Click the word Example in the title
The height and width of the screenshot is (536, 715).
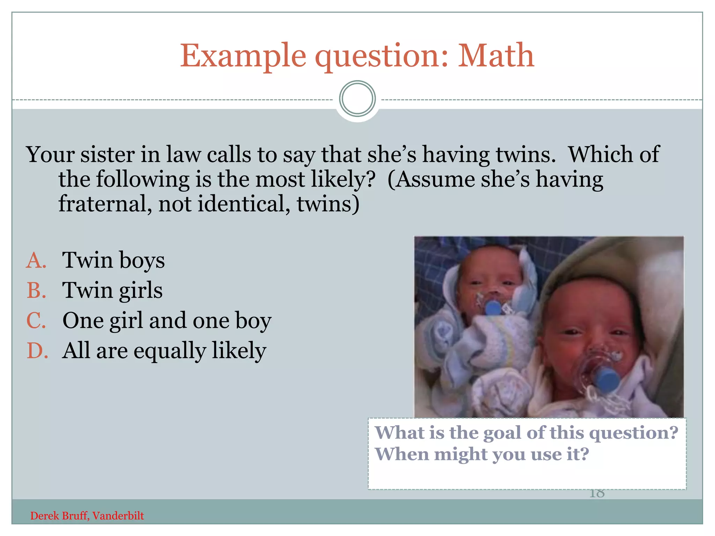pyautogui.click(x=243, y=56)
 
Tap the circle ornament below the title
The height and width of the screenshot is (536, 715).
pyautogui.click(x=357, y=99)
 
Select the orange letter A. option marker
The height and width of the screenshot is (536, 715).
pyautogui.click(x=36, y=260)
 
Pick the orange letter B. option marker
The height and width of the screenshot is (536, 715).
pyautogui.click(x=36, y=290)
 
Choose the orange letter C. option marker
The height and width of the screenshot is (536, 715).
pyautogui.click(x=36, y=320)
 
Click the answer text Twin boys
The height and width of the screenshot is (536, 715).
pyautogui.click(x=113, y=260)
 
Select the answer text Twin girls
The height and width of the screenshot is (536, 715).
pyautogui.click(x=112, y=290)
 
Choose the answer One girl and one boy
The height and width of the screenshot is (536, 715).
pyautogui.click(x=167, y=320)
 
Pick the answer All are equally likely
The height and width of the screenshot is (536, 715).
pyautogui.click(x=164, y=350)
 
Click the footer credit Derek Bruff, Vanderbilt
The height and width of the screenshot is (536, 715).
pyautogui.click(x=87, y=516)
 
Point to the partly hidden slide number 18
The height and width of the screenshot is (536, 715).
pyautogui.click(x=597, y=494)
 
